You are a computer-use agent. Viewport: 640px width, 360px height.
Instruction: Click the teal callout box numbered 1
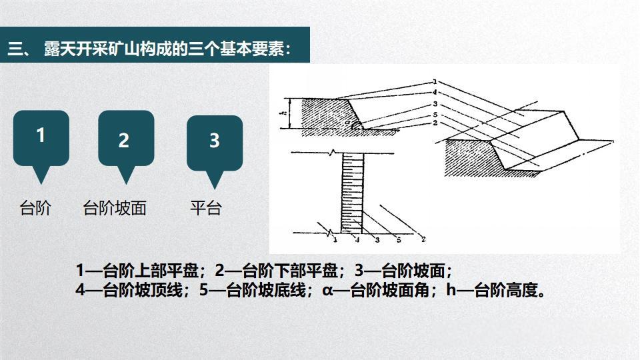(x=41, y=138)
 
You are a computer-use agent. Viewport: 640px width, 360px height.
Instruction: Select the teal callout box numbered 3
(x=214, y=142)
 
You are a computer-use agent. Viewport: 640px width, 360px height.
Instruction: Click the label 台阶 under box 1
(x=35, y=208)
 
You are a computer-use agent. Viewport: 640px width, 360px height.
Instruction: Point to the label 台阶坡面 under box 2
(x=114, y=208)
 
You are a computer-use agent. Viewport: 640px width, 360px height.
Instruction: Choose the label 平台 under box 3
(x=205, y=208)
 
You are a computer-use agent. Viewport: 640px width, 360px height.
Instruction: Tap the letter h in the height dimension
(x=283, y=114)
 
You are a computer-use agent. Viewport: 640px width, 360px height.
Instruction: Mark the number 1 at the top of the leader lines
(x=434, y=82)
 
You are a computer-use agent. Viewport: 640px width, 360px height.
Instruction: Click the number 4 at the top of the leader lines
(x=434, y=91)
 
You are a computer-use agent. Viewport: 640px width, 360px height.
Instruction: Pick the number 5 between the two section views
(x=434, y=114)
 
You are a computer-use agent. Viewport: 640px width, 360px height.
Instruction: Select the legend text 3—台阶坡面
(x=403, y=271)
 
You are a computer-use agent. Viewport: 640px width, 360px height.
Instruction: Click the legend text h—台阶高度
(x=496, y=291)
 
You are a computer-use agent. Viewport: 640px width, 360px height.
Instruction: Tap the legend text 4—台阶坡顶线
(x=133, y=291)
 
